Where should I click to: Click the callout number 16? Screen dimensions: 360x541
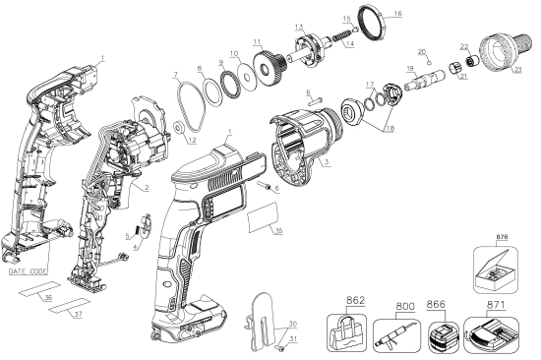point(397,14)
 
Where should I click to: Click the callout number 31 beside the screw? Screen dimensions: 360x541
point(292,341)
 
